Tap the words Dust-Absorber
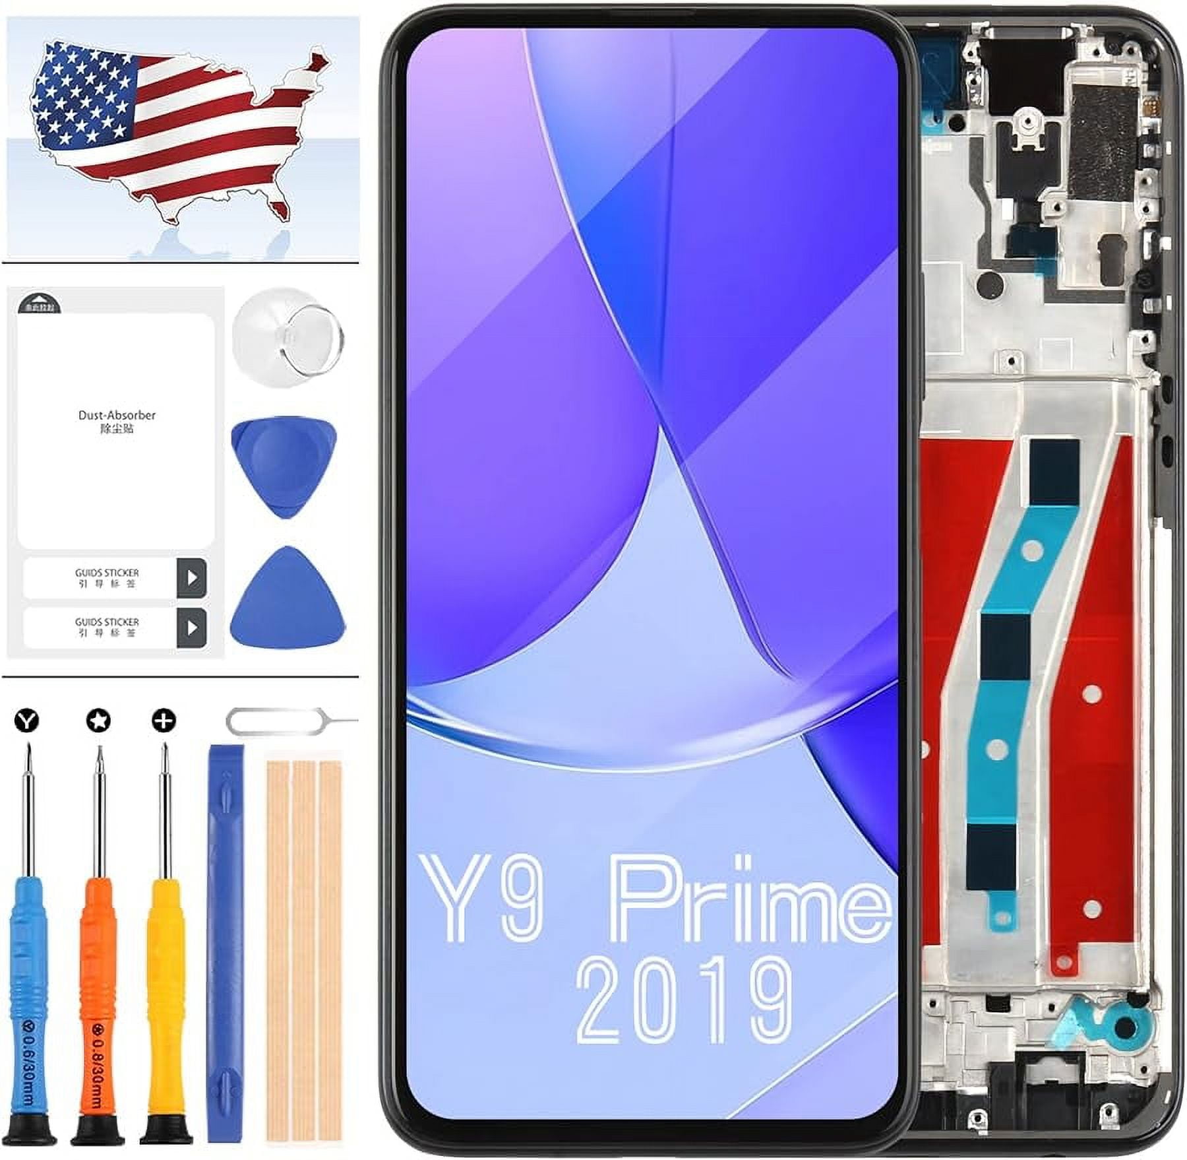(x=117, y=415)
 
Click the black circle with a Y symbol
(x=27, y=721)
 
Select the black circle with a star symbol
(x=98, y=721)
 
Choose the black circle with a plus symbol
(x=163, y=721)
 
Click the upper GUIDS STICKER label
(x=107, y=577)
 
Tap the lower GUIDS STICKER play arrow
(x=192, y=627)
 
